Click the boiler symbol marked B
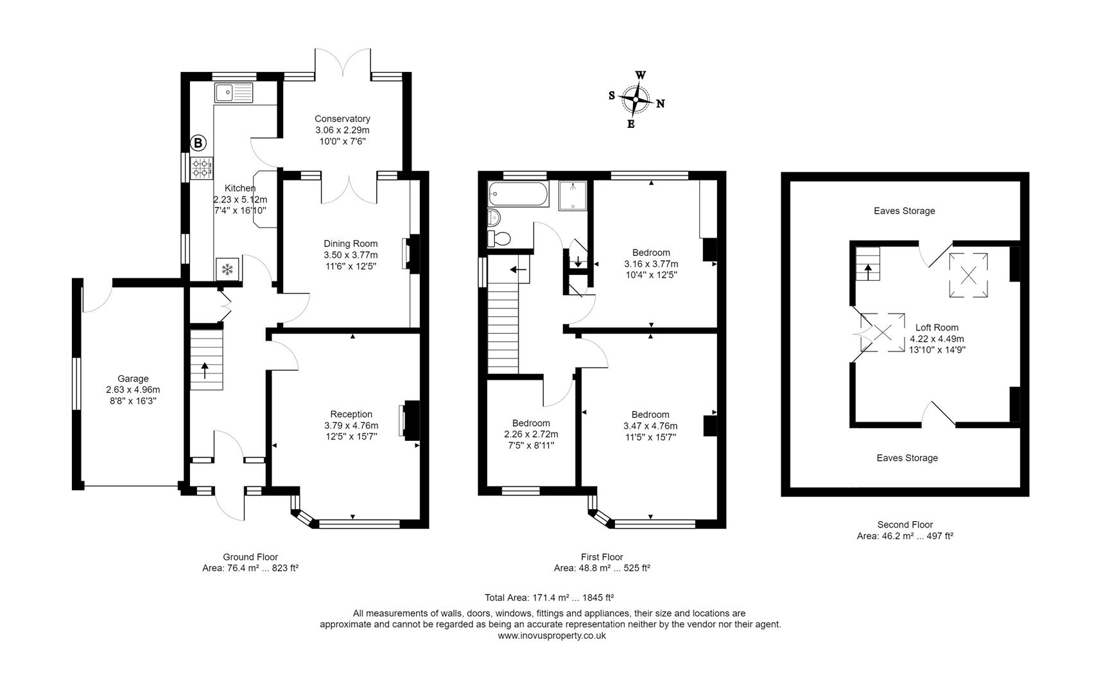[x=198, y=143]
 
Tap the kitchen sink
[x=234, y=93]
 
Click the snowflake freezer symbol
[x=227, y=269]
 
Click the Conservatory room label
[x=342, y=119]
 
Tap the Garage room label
[x=133, y=378]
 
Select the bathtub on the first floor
[x=518, y=193]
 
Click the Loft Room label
[x=937, y=327]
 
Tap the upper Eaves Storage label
[x=904, y=211]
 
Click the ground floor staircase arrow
[x=205, y=370]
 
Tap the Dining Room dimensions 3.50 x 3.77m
[x=351, y=255]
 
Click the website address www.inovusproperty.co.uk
[x=551, y=636]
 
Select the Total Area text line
[x=550, y=597]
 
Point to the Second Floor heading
[x=905, y=524]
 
